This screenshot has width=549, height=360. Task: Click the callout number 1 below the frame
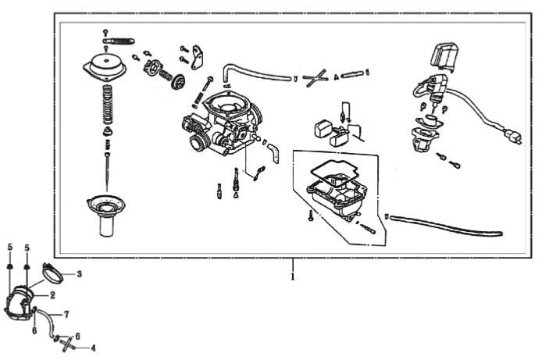click(x=292, y=276)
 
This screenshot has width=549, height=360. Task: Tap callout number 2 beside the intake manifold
click(x=52, y=296)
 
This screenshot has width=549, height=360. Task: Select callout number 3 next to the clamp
click(x=78, y=274)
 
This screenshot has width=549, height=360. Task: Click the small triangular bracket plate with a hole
click(x=198, y=56)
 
